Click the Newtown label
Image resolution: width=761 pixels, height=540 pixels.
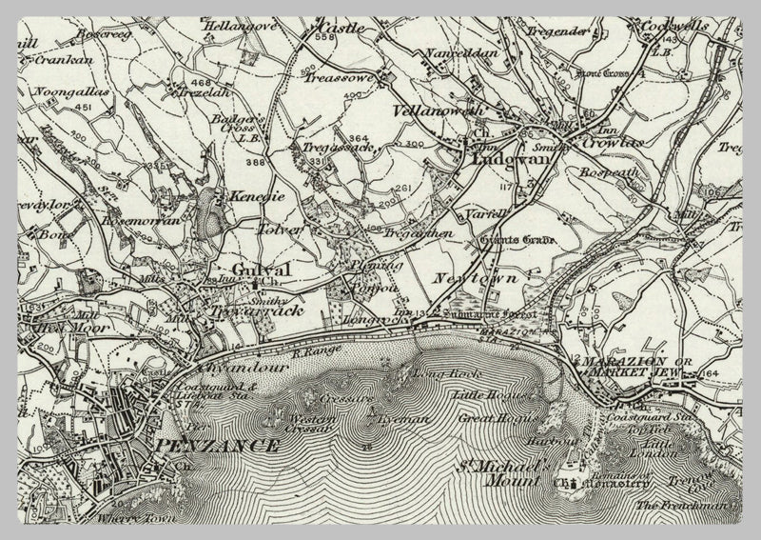pyautogui.click(x=467, y=278)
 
